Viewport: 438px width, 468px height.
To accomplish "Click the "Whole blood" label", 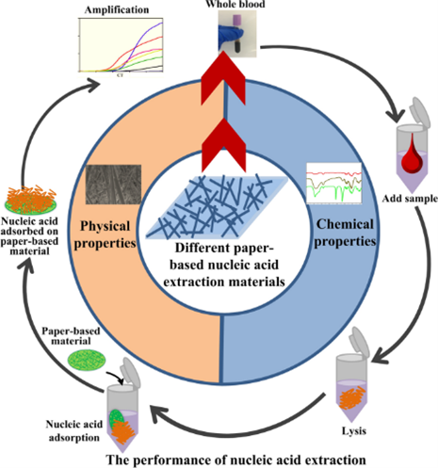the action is (x=235, y=4).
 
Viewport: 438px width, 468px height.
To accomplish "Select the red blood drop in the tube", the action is (x=412, y=153).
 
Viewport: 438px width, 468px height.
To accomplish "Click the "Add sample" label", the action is (x=410, y=199).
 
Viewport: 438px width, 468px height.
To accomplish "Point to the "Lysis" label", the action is (x=354, y=431).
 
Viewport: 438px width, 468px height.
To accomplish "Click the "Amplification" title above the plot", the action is (x=117, y=10).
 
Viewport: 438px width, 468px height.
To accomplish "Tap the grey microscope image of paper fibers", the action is (x=113, y=185).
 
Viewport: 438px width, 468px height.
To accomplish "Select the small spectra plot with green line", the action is (x=334, y=184).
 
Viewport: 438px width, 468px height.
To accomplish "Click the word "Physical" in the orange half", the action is (x=105, y=226).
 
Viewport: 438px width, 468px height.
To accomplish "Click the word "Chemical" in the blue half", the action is (x=345, y=224).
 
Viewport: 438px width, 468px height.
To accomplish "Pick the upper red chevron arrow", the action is (x=223, y=78).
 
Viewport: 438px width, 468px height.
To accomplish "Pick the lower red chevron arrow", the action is (x=223, y=145).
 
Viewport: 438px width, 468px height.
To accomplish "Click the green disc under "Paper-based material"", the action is (x=87, y=360).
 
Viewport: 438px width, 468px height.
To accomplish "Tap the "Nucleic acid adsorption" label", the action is (x=74, y=430).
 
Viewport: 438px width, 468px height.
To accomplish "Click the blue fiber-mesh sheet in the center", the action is (x=217, y=207).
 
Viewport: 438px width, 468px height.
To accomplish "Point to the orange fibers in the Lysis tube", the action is (x=351, y=397).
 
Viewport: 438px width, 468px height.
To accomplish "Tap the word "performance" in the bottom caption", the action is (x=179, y=460).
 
